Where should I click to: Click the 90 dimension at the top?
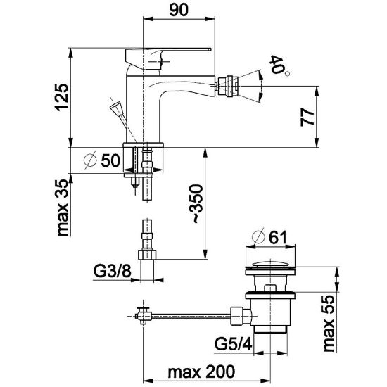(179, 10)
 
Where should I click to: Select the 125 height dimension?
(61, 97)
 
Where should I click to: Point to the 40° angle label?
(279, 65)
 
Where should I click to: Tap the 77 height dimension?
(307, 117)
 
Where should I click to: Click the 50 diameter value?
(110, 160)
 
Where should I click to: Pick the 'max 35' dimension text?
(62, 208)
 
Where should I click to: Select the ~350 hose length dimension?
(196, 204)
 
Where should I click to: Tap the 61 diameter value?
(278, 237)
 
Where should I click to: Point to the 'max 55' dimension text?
(329, 324)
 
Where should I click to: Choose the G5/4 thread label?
(233, 344)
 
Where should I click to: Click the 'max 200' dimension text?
(201, 372)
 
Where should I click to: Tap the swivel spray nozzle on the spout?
(227, 86)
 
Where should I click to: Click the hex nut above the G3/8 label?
(147, 255)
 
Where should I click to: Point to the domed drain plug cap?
(271, 264)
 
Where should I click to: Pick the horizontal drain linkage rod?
(191, 316)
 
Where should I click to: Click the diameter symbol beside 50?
(90, 160)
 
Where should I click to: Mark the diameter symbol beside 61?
(258, 237)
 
